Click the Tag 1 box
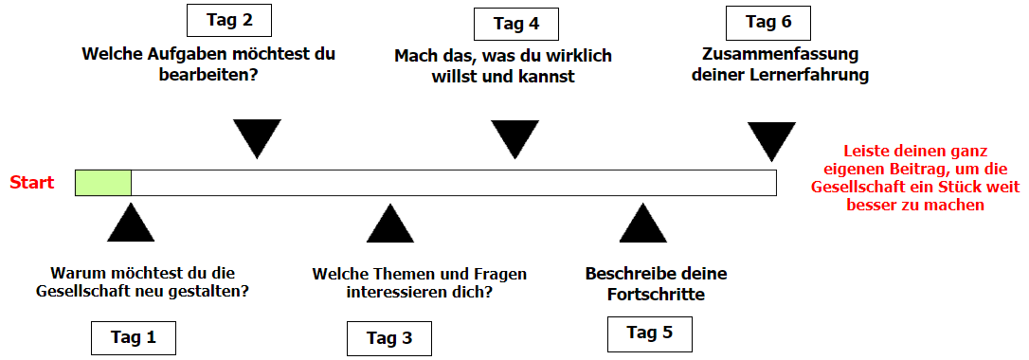tap(134, 336)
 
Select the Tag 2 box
tap(228, 20)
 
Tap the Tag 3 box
tap(388, 338)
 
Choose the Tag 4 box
tap(515, 24)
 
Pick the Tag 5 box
tap(649, 333)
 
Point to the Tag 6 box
tap(767, 22)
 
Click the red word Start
tap(32, 182)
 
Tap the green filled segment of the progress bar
tap(103, 182)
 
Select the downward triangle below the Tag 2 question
tap(258, 136)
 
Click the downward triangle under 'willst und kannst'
tap(515, 136)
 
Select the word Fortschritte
tap(657, 295)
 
